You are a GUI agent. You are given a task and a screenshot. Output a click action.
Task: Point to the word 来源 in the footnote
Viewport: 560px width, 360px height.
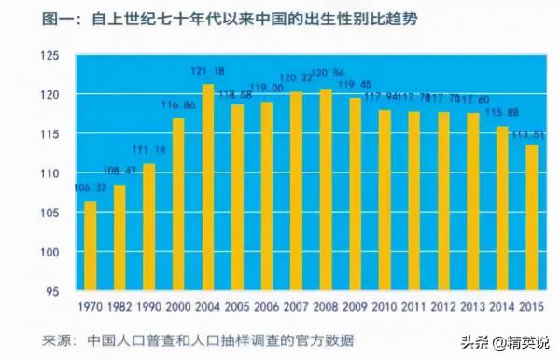tap(35, 339)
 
